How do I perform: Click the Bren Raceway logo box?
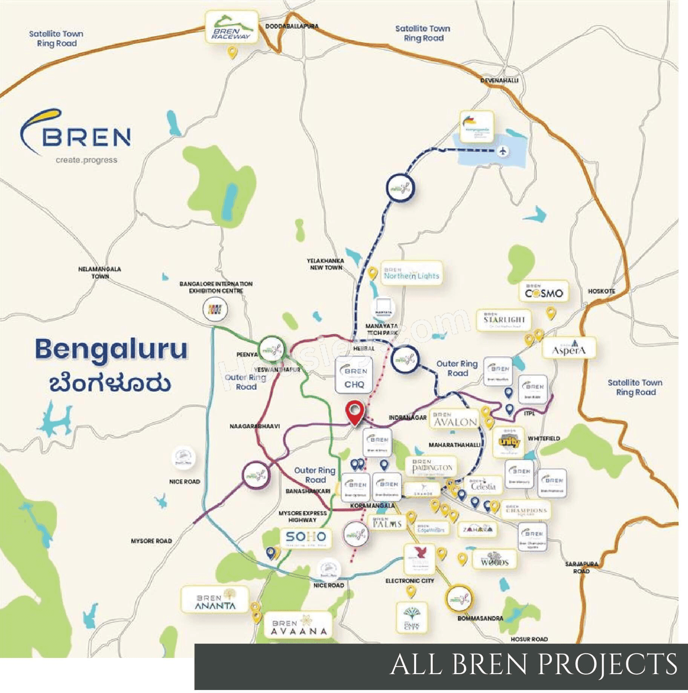click(x=231, y=27)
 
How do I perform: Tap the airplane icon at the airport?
click(x=503, y=151)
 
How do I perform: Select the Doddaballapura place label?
click(x=292, y=26)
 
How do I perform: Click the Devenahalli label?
click(x=499, y=80)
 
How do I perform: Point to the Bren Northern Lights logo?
click(x=411, y=273)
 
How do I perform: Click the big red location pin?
click(x=355, y=412)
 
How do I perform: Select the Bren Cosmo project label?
click(x=544, y=291)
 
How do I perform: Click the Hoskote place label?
click(x=602, y=291)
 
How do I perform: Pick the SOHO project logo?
click(x=306, y=538)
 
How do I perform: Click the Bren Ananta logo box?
click(x=215, y=599)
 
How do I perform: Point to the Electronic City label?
click(x=409, y=581)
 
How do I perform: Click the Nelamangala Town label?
click(x=100, y=272)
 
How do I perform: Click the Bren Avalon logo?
click(x=455, y=419)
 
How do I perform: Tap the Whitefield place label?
click(x=544, y=438)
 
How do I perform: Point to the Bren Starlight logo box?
click(x=504, y=320)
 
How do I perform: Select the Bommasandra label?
click(x=480, y=618)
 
